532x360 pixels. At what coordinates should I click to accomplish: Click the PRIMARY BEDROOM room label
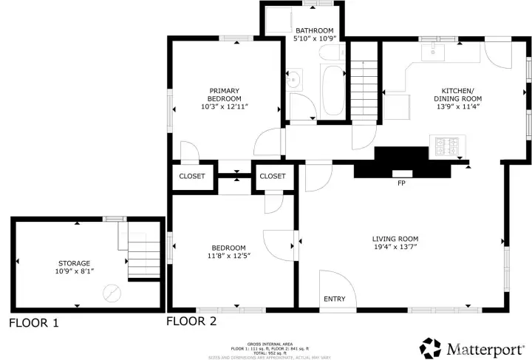pos(224,94)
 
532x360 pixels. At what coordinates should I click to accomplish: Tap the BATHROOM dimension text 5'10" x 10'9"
pos(315,38)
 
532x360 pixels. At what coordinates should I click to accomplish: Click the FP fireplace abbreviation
pos(401,182)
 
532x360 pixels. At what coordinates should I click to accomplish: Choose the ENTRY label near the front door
pos(334,299)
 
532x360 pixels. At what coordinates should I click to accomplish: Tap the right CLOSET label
pos(273,176)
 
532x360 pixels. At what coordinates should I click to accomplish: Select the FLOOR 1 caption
pos(33,323)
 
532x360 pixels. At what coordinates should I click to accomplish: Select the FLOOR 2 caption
pos(191,321)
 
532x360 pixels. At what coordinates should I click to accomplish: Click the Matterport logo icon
pos(432,347)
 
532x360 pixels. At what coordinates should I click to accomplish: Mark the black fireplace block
pos(401,163)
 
